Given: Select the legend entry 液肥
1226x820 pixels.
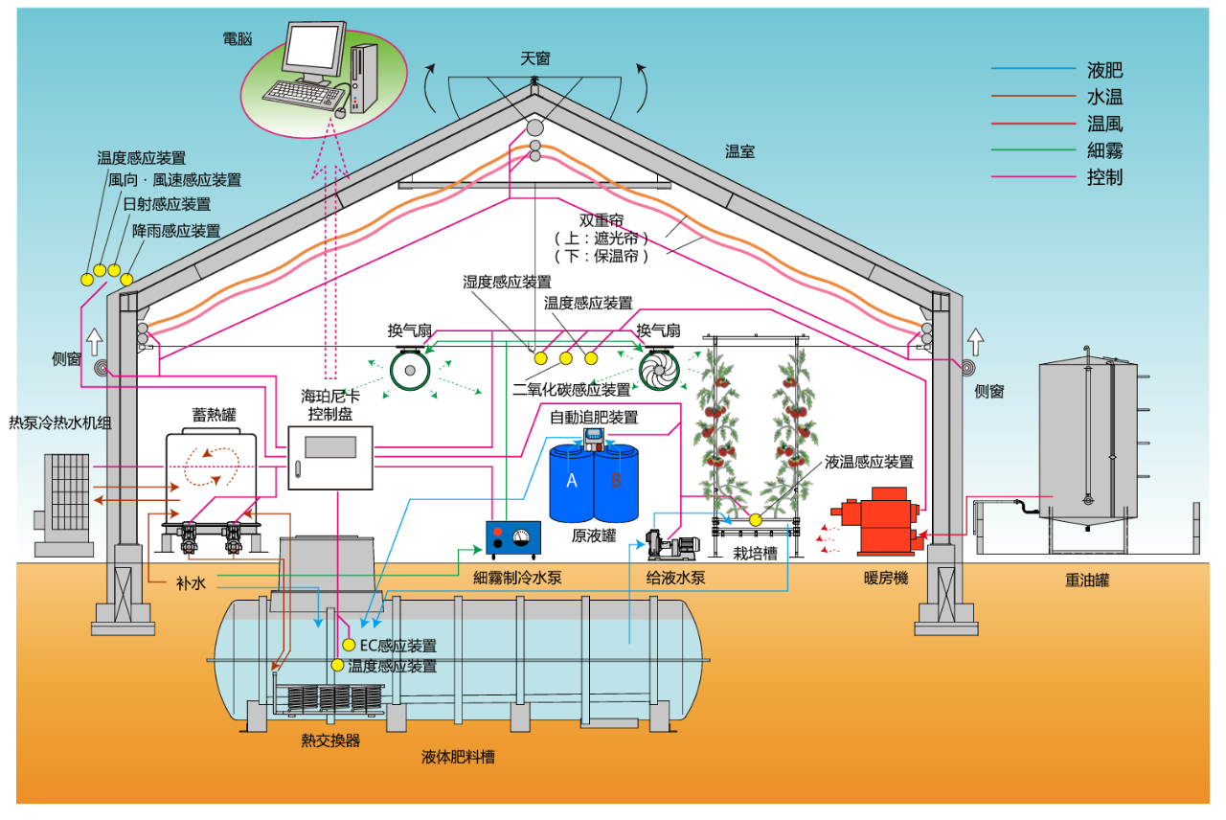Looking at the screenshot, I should point(1104,70).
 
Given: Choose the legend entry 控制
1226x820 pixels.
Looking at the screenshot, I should point(1104,177).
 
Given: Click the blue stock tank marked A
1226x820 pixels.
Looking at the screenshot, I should point(572,483).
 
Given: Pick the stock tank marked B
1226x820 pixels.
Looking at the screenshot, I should point(617,483).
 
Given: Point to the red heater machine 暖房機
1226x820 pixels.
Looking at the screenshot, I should point(882,522).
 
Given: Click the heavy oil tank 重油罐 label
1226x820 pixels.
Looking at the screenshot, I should point(1086,580).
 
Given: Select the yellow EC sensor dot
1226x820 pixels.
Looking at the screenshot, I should point(349,645).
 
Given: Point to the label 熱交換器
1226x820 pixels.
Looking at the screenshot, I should point(330,740).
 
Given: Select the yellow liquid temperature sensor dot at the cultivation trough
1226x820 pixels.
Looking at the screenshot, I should point(755,519).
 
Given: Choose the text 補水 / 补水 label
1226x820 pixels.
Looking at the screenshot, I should point(191,581).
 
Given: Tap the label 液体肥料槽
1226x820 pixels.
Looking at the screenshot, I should point(458,757).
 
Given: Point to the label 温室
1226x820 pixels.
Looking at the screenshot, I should point(739,150).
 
